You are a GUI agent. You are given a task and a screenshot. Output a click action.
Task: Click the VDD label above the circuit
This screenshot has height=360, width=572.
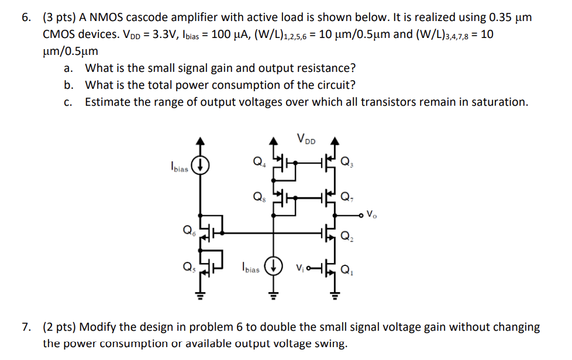click(x=306, y=139)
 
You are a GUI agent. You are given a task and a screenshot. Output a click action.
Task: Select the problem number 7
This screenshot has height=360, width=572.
click(x=26, y=327)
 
